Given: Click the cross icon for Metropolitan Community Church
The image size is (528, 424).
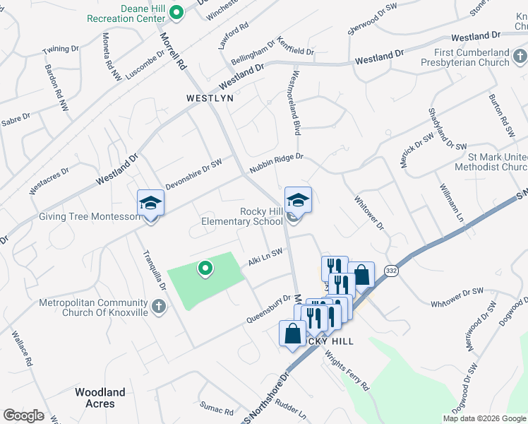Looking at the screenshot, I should (x=160, y=307).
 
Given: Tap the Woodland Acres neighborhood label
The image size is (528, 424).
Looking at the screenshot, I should (x=100, y=397).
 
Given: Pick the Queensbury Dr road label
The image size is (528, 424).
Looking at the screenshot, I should (x=268, y=309).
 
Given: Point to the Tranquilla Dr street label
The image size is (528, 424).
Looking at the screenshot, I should (x=153, y=271).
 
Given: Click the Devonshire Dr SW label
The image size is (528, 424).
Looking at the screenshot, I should (x=193, y=175).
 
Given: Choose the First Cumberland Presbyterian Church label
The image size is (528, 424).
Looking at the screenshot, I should (x=472, y=57).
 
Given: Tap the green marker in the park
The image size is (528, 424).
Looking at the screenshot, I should (x=205, y=268).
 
